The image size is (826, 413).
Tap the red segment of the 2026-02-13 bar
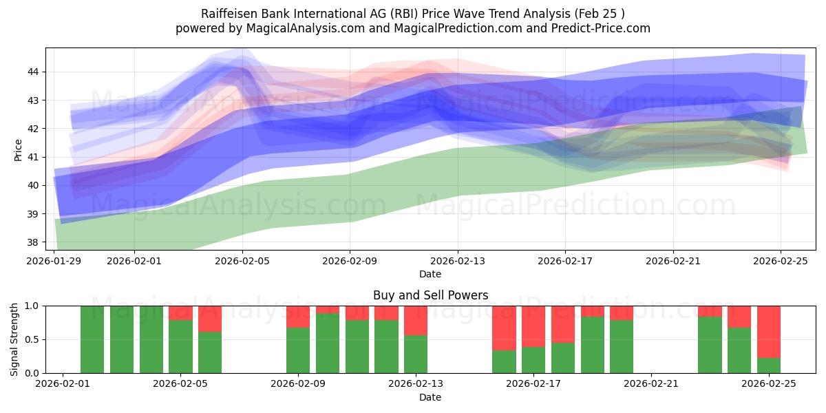click(416, 320)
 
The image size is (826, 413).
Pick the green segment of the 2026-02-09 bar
click(298, 350)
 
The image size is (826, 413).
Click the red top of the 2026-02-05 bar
click(180, 313)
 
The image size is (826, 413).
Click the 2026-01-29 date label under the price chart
click(55, 261)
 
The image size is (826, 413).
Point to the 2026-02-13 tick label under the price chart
click(458, 261)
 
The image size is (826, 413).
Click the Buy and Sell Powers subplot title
click(430, 295)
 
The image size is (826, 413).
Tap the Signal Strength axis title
click(14, 339)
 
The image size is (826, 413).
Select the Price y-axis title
click(18, 149)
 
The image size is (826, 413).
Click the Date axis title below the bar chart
click(430, 397)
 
